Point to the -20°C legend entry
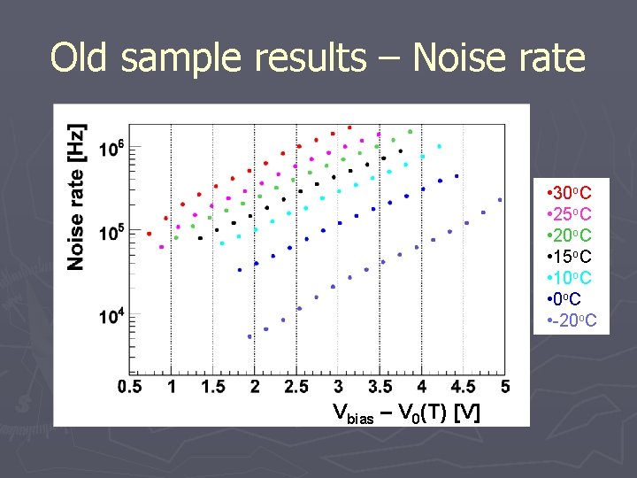pyautogui.click(x=573, y=320)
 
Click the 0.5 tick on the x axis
pyautogui.click(x=129, y=386)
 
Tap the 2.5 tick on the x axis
pyautogui.click(x=296, y=386)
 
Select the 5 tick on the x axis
pyautogui.click(x=505, y=386)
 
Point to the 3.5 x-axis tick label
pyautogui.click(x=380, y=386)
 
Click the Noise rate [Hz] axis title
pyautogui.click(x=78, y=197)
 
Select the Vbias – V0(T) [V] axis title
pyautogui.click(x=407, y=412)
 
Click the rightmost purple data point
pyautogui.click(x=500, y=200)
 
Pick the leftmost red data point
pyautogui.click(x=149, y=234)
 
